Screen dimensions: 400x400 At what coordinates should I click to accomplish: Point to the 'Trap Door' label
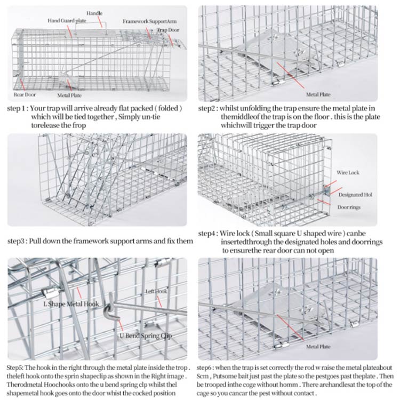(168, 30)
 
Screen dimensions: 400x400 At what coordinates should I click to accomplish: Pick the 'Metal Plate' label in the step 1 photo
(69, 96)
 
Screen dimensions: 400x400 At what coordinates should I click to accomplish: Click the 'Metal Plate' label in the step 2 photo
(318, 94)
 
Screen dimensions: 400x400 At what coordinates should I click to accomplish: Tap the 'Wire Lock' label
(347, 173)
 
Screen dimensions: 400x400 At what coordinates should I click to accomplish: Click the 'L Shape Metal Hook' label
(71, 304)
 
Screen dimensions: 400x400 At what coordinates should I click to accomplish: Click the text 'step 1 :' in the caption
(18, 108)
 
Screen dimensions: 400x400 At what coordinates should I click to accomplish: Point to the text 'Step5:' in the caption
(17, 368)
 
